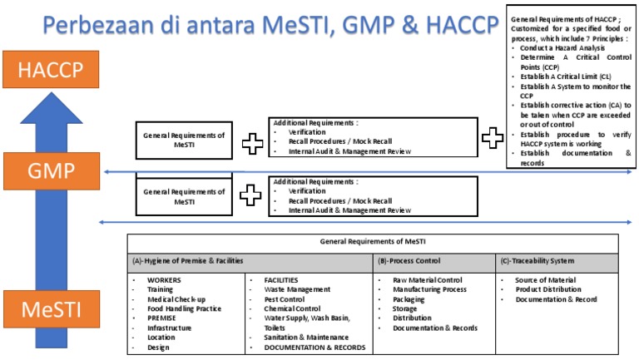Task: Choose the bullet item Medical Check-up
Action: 176,299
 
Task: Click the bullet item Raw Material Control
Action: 427,280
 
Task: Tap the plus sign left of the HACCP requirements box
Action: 493,139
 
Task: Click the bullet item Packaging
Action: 410,299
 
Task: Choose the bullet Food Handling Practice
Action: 184,308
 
